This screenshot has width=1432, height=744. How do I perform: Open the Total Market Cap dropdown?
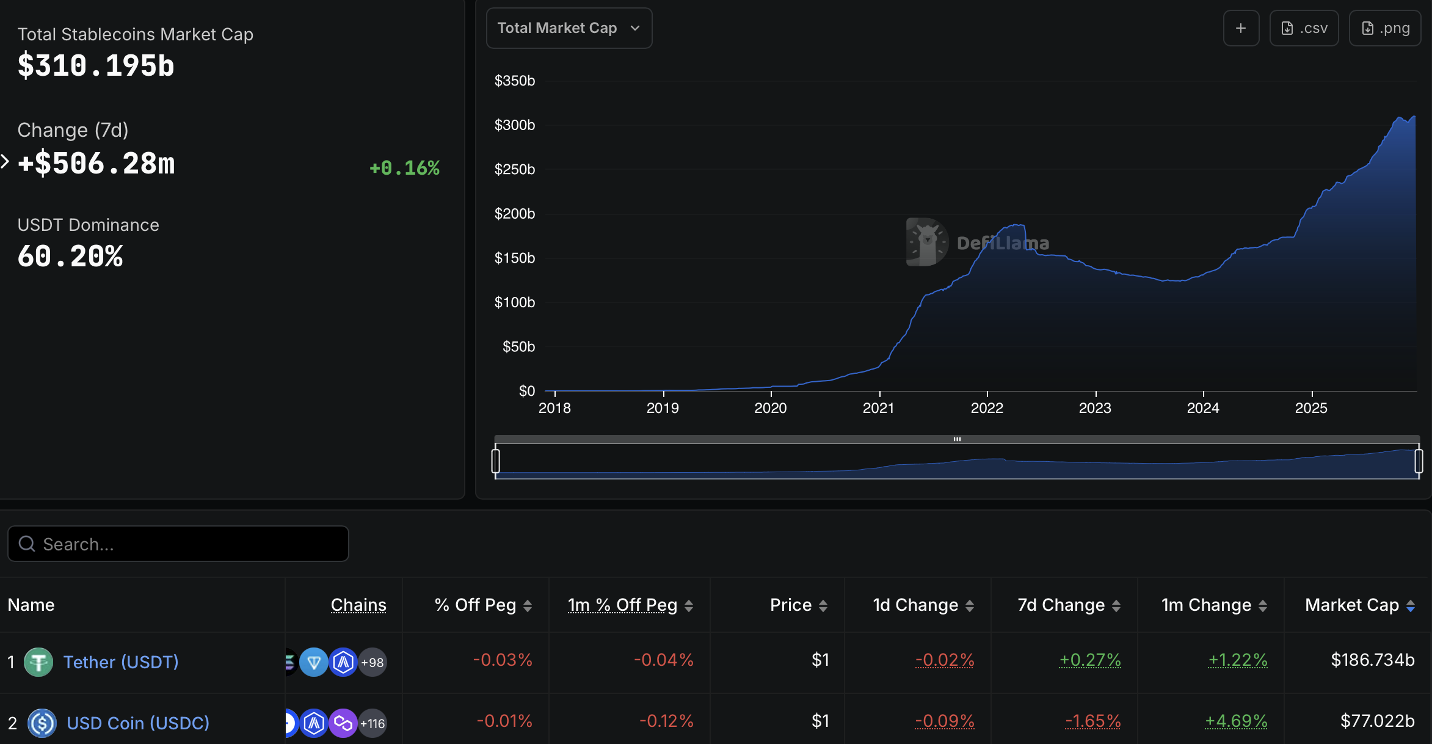pyautogui.click(x=569, y=28)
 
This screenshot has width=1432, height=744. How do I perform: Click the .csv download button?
pyautogui.click(x=1304, y=28)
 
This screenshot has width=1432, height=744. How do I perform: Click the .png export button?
pyautogui.click(x=1385, y=28)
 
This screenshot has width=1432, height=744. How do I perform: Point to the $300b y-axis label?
pyautogui.click(x=514, y=125)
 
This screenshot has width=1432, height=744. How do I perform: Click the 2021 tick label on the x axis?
pyautogui.click(x=878, y=408)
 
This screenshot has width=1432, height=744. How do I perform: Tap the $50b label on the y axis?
pyautogui.click(x=518, y=347)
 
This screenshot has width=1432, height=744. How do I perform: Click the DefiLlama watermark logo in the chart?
pyautogui.click(x=927, y=242)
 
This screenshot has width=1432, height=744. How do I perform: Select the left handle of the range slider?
pyautogui.click(x=496, y=461)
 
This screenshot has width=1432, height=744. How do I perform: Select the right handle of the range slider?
pyautogui.click(x=1418, y=461)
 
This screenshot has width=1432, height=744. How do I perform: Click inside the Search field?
pyautogui.click(x=183, y=544)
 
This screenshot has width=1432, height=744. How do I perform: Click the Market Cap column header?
pyautogui.click(x=1352, y=605)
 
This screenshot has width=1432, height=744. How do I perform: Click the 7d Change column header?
pyautogui.click(x=1061, y=605)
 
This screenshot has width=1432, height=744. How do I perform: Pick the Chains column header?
pyautogui.click(x=358, y=605)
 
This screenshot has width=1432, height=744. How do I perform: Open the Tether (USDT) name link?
pyautogui.click(x=121, y=662)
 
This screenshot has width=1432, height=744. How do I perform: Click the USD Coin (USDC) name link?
pyautogui.click(x=138, y=723)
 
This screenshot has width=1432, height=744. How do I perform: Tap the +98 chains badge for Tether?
pyautogui.click(x=373, y=662)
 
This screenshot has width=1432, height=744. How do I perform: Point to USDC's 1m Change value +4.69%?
pyautogui.click(x=1236, y=721)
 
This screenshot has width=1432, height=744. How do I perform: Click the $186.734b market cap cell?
pyautogui.click(x=1372, y=660)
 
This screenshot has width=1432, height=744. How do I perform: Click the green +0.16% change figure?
pyautogui.click(x=404, y=168)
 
